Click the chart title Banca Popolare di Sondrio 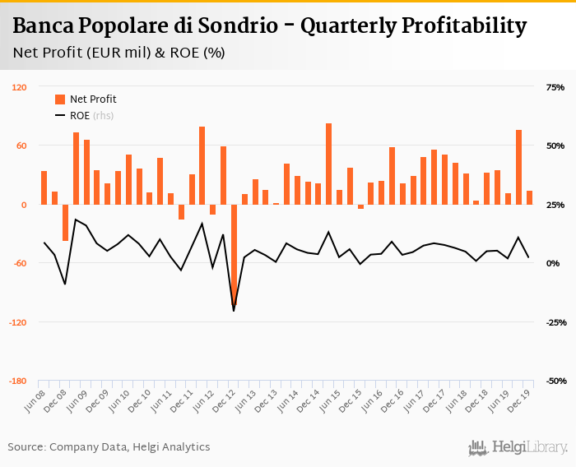(x=269, y=26)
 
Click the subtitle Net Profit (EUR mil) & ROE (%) (x=119, y=53)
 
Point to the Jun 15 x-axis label (x=332, y=400)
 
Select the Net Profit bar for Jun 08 (x=44, y=187)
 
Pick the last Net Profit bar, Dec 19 (x=529, y=197)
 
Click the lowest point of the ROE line (x=234, y=311)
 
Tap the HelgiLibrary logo (x=518, y=447)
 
